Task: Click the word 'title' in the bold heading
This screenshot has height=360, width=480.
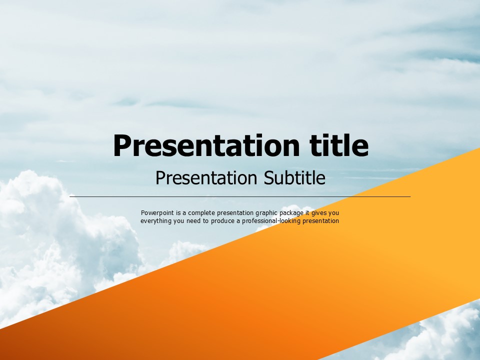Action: click(339, 145)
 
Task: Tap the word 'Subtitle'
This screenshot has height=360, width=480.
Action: click(294, 177)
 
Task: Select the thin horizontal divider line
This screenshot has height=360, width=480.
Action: click(240, 196)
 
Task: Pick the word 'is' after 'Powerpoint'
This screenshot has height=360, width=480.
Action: click(178, 213)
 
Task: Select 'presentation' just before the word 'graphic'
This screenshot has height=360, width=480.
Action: click(235, 213)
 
